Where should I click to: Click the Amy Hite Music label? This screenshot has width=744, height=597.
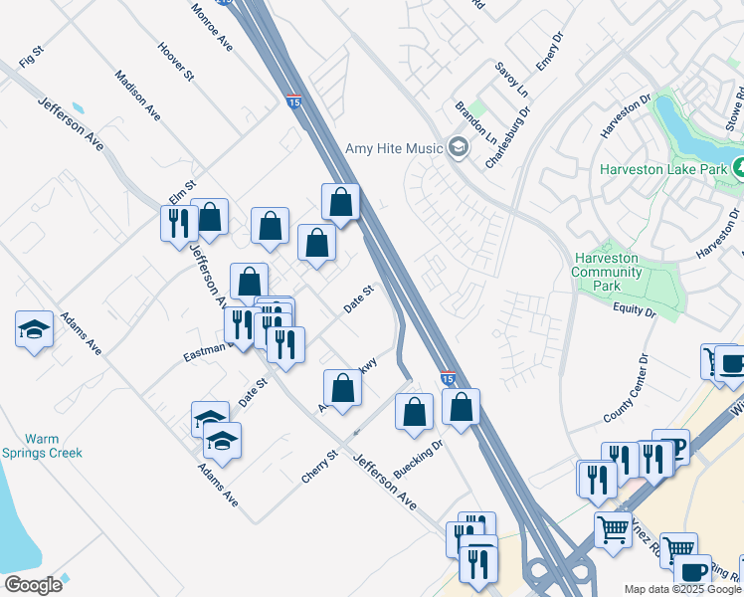coord(393,149)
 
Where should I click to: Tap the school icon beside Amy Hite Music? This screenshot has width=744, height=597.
coord(458,148)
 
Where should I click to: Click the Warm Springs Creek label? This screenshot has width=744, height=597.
coord(54,446)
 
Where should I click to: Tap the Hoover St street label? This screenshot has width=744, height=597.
coord(174,60)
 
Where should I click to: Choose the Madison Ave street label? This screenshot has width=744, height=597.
coord(137,95)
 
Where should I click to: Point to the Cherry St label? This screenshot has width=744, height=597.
coord(320,466)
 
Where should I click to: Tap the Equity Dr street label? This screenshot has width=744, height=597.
coord(635,312)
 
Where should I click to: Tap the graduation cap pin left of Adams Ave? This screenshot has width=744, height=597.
coord(34,329)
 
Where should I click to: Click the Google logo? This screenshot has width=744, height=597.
coord(32,585)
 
